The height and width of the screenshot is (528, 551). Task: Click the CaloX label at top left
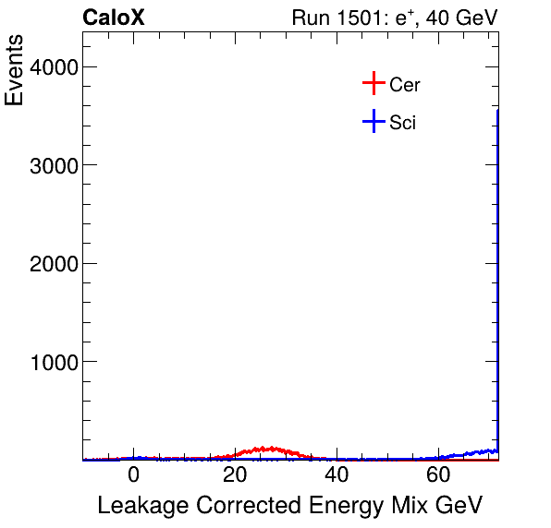click(x=114, y=18)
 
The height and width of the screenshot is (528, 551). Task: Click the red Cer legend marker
click(x=373, y=84)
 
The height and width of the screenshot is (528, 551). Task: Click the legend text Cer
click(x=405, y=85)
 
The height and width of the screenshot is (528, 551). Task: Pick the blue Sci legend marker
click(x=373, y=121)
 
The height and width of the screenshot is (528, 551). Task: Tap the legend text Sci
click(x=403, y=122)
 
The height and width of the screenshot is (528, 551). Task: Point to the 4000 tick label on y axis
click(x=53, y=67)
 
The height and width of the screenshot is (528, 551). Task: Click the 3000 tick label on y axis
click(x=53, y=165)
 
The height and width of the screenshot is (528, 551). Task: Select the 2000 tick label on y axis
click(x=53, y=264)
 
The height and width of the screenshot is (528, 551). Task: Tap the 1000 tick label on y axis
click(x=53, y=362)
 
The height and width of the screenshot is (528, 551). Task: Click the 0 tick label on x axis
click(x=133, y=476)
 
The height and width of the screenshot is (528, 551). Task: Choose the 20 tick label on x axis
click(x=236, y=476)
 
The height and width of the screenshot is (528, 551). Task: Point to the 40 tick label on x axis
click(x=337, y=476)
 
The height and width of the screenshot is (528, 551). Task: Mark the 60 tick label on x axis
click(x=439, y=476)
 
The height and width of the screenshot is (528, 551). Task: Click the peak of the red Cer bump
click(x=266, y=449)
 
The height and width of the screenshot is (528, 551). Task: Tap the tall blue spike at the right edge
click(x=498, y=277)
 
